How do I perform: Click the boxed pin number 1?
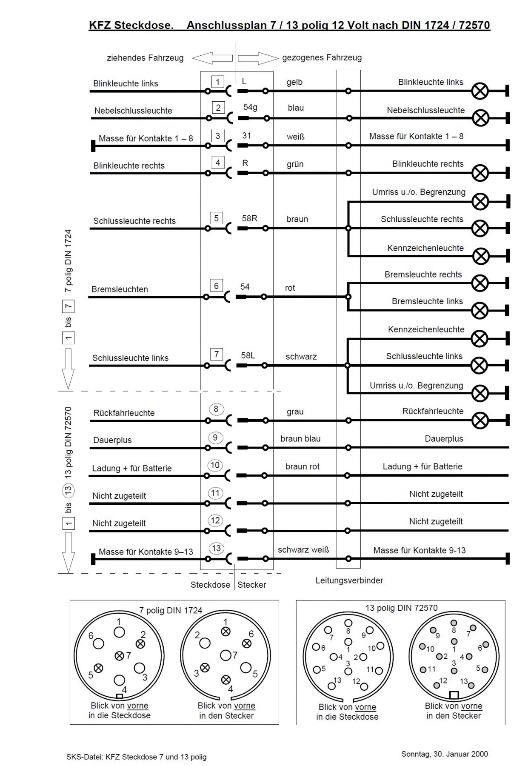(218, 82)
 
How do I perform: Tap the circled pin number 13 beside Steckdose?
(216, 548)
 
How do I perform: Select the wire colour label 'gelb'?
(294, 82)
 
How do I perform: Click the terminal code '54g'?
(250, 107)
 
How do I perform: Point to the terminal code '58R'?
(249, 218)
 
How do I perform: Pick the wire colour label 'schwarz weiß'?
(303, 549)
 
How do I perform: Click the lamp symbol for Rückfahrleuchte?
(480, 420)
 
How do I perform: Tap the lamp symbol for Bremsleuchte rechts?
(480, 283)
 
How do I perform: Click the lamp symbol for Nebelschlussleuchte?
(481, 118)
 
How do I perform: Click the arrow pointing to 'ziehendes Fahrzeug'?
(212, 58)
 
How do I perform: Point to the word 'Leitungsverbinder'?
(349, 580)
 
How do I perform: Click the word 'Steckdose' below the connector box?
(210, 585)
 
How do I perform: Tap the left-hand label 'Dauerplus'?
(112, 440)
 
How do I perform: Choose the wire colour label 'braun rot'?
(303, 466)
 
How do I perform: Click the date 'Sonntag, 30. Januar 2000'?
(445, 754)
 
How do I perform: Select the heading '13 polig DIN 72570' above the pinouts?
(401, 608)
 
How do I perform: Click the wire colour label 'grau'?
(295, 412)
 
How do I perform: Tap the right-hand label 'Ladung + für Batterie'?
(422, 466)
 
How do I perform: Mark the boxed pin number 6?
(216, 286)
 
